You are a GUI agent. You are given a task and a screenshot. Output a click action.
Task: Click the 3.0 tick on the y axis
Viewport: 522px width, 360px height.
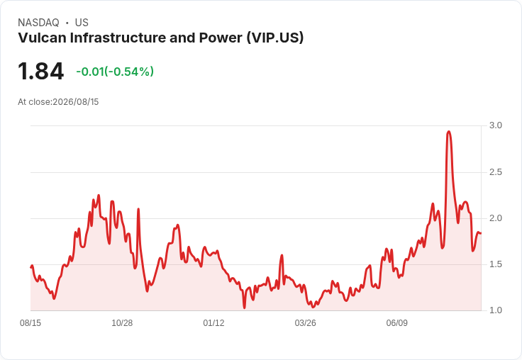coord(495,125)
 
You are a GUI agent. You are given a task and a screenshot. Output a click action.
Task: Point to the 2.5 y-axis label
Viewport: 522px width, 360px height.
coord(495,172)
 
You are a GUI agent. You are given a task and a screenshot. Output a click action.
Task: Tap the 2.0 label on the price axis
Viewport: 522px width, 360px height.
coord(495,218)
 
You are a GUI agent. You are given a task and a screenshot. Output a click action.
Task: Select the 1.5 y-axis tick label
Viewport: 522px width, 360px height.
coord(495,264)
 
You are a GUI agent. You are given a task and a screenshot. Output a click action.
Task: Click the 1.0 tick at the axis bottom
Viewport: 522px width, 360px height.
coord(495,310)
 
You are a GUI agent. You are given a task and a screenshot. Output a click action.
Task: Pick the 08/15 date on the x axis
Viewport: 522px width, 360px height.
coord(30,323)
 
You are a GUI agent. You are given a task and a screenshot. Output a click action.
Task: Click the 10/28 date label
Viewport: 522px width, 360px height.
coord(122,323)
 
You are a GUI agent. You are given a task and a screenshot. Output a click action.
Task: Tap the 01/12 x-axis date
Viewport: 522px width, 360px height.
coord(213,323)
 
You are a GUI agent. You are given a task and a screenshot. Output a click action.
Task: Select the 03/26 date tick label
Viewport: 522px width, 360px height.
coord(305,323)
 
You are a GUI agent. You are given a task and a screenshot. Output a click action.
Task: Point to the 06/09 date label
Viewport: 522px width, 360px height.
coord(397,323)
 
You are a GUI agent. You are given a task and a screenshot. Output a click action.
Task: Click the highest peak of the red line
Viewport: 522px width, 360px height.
coord(449,131)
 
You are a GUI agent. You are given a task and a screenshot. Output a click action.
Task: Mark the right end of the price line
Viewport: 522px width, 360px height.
coord(481,233)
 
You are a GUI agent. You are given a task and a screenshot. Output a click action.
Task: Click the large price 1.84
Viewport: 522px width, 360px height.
coord(40,71)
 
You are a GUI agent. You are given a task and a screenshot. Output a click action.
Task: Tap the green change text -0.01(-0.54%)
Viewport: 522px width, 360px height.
coord(115,72)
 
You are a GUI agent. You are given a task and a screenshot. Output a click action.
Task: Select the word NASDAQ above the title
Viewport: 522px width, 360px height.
coord(38,23)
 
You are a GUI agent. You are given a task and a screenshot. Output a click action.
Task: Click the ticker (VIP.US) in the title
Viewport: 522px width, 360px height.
coord(275,38)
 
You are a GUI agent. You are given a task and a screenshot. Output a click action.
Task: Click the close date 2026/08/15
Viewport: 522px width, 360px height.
coord(76,102)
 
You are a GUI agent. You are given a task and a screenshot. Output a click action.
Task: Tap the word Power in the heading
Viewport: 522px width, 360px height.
coord(221,38)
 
